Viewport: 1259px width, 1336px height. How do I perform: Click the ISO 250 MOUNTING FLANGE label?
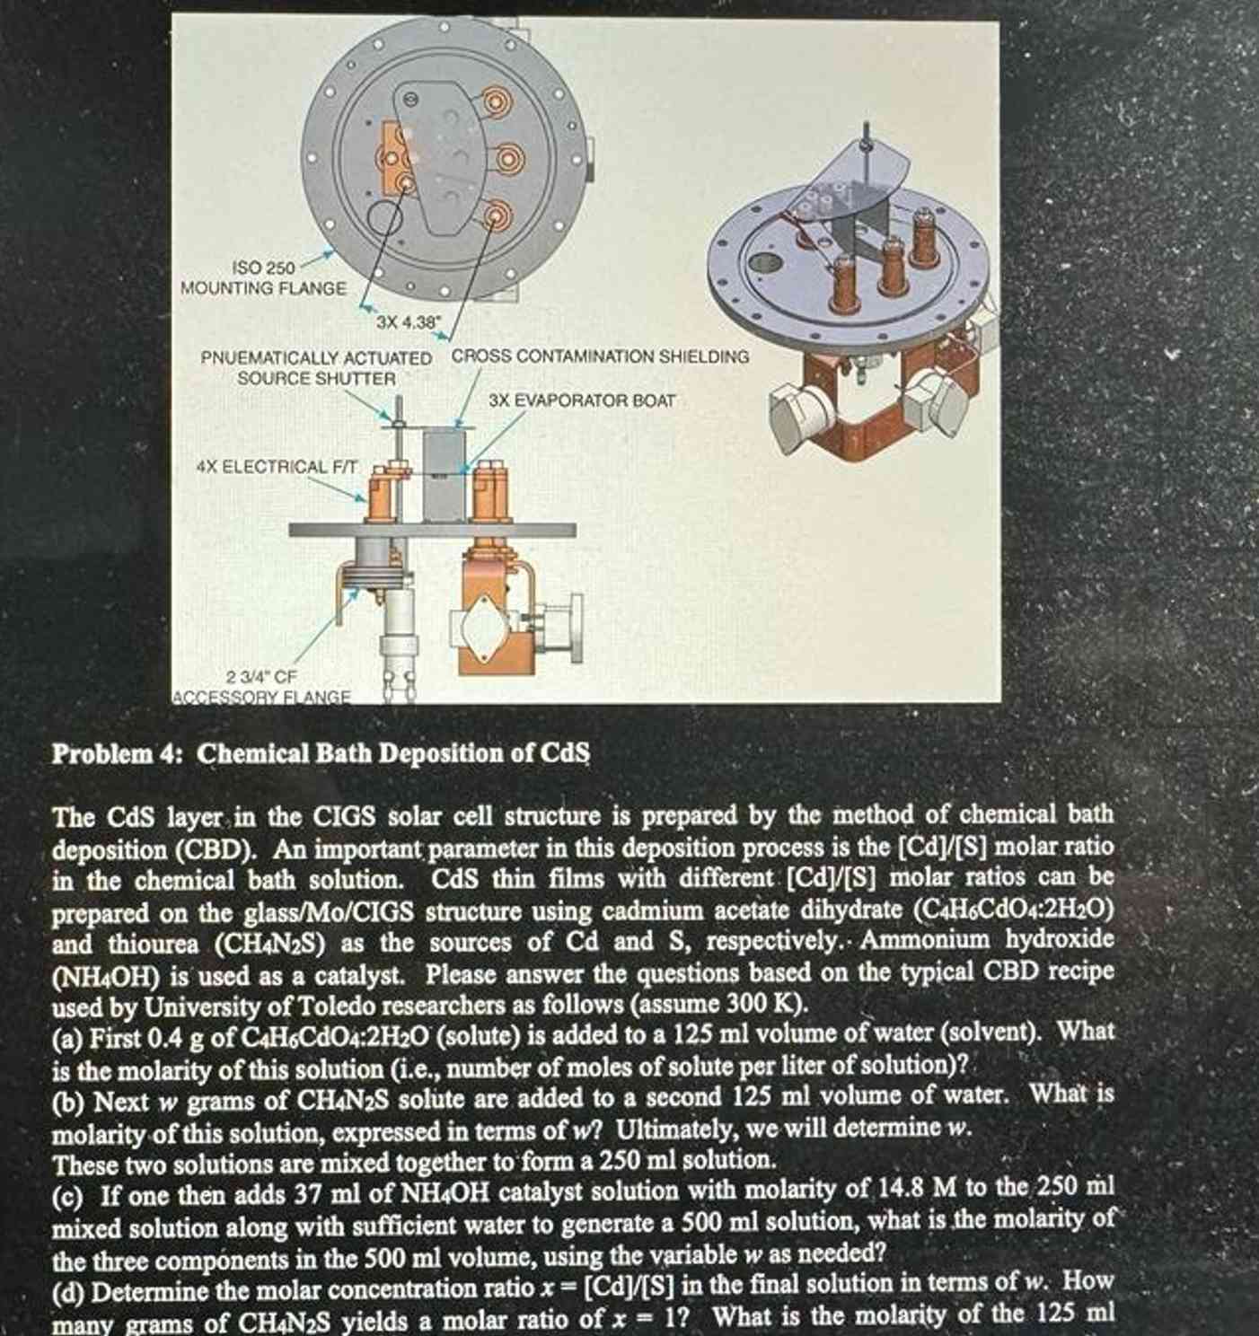262,278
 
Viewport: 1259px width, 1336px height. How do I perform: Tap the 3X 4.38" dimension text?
403,321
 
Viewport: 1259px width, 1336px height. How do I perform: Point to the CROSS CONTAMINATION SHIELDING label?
599,356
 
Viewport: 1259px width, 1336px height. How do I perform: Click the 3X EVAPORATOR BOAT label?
582,400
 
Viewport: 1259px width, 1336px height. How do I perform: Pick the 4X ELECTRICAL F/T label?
276,467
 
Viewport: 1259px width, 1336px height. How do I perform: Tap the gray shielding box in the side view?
446,474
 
